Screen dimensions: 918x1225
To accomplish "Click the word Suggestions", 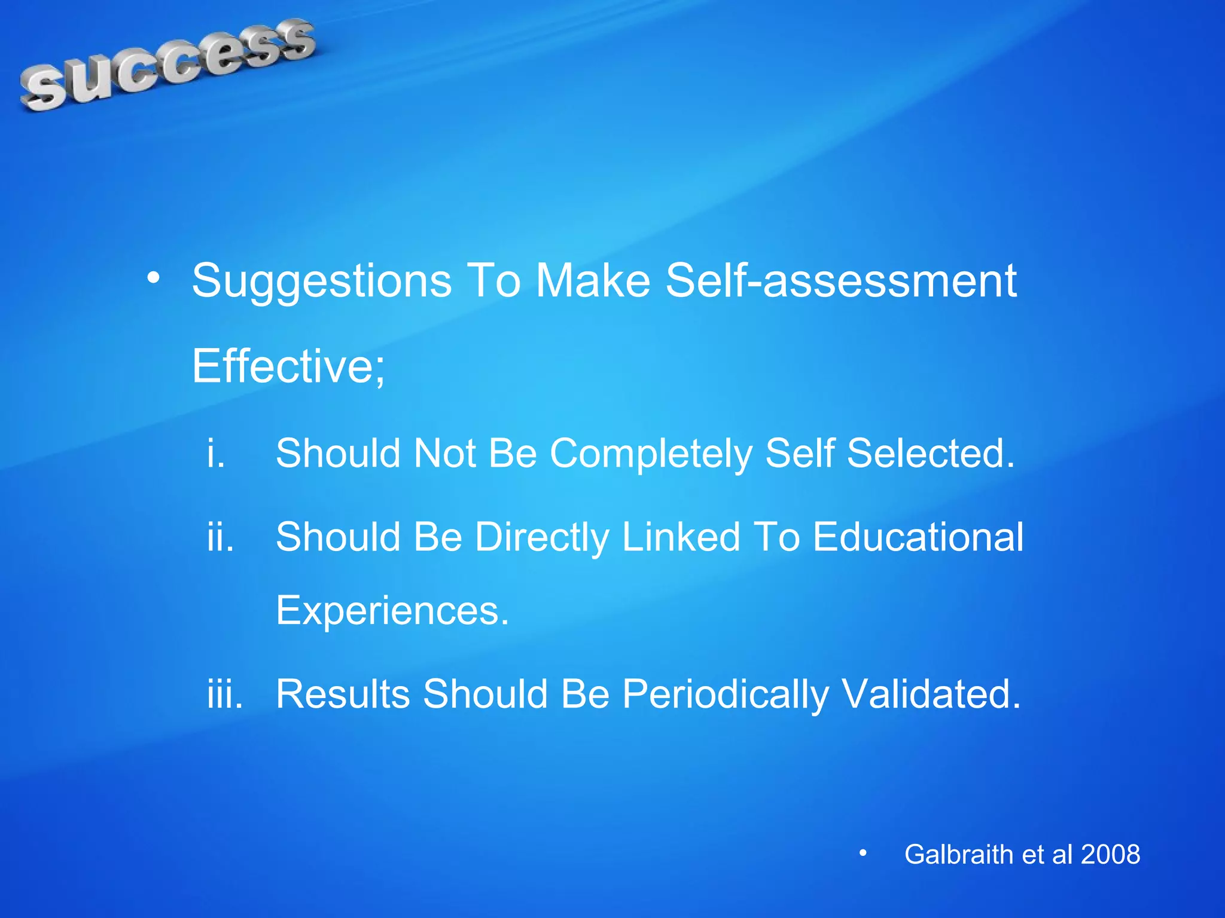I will pos(322,280).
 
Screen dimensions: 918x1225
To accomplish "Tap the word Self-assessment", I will pos(841,280).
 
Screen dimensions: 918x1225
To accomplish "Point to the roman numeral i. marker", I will pos(216,452).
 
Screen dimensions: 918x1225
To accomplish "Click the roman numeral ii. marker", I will pos(220,536).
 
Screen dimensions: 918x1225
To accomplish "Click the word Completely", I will pos(651,454).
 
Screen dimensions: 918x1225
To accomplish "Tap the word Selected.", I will pos(931,452).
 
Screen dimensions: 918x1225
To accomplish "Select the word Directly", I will pos(542,537).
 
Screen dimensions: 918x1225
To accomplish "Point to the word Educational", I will pos(918,536).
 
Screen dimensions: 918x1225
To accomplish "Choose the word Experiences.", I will pos(392,611).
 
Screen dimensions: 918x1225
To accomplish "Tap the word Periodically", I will pos(726,694).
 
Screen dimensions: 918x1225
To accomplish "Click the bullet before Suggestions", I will pos(154,278).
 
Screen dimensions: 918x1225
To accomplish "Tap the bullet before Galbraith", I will pos(863,853).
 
